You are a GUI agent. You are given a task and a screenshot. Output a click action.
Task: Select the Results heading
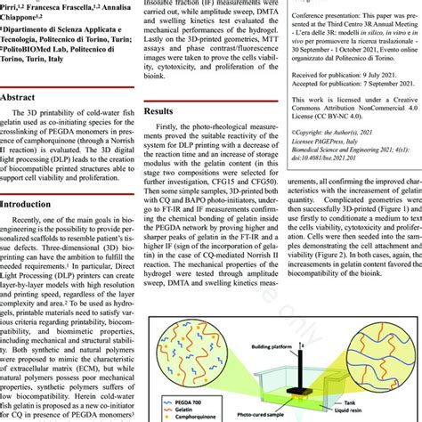click(x=163, y=112)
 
